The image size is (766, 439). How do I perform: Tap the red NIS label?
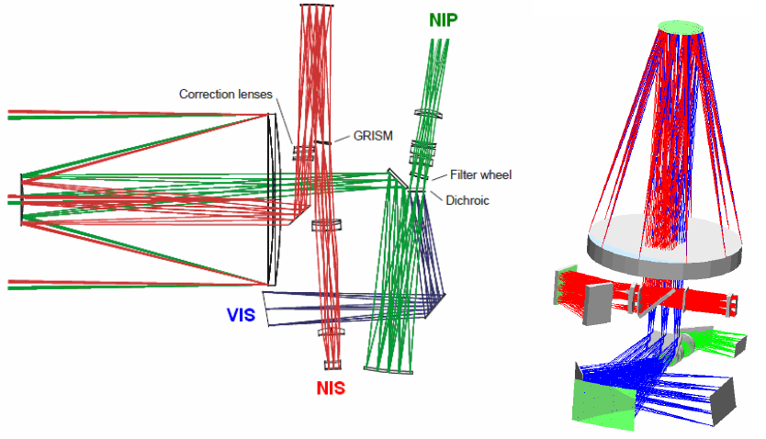point(332,388)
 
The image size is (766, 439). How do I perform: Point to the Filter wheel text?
point(479,174)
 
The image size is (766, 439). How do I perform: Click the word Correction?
point(208,94)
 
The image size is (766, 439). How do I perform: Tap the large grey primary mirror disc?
point(665,243)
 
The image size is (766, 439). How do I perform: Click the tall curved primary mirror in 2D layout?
point(271,198)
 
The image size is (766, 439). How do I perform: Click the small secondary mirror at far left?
point(21,198)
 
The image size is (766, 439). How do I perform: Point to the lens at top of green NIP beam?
point(431,115)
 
